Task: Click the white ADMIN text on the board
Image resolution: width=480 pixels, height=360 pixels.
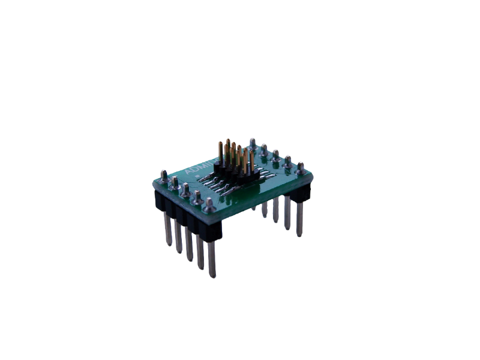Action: pyautogui.click(x=198, y=168)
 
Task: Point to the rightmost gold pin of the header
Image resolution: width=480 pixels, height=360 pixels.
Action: pyautogui.click(x=251, y=157)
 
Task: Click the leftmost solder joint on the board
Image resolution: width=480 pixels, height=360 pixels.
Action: pyautogui.click(x=161, y=176)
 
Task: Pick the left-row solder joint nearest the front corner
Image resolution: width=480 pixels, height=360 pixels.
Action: pyautogui.click(x=209, y=204)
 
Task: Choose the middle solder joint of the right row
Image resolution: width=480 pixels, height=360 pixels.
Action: pyautogui.click(x=275, y=155)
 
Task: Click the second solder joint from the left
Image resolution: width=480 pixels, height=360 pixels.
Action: pyautogui.click(x=173, y=182)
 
